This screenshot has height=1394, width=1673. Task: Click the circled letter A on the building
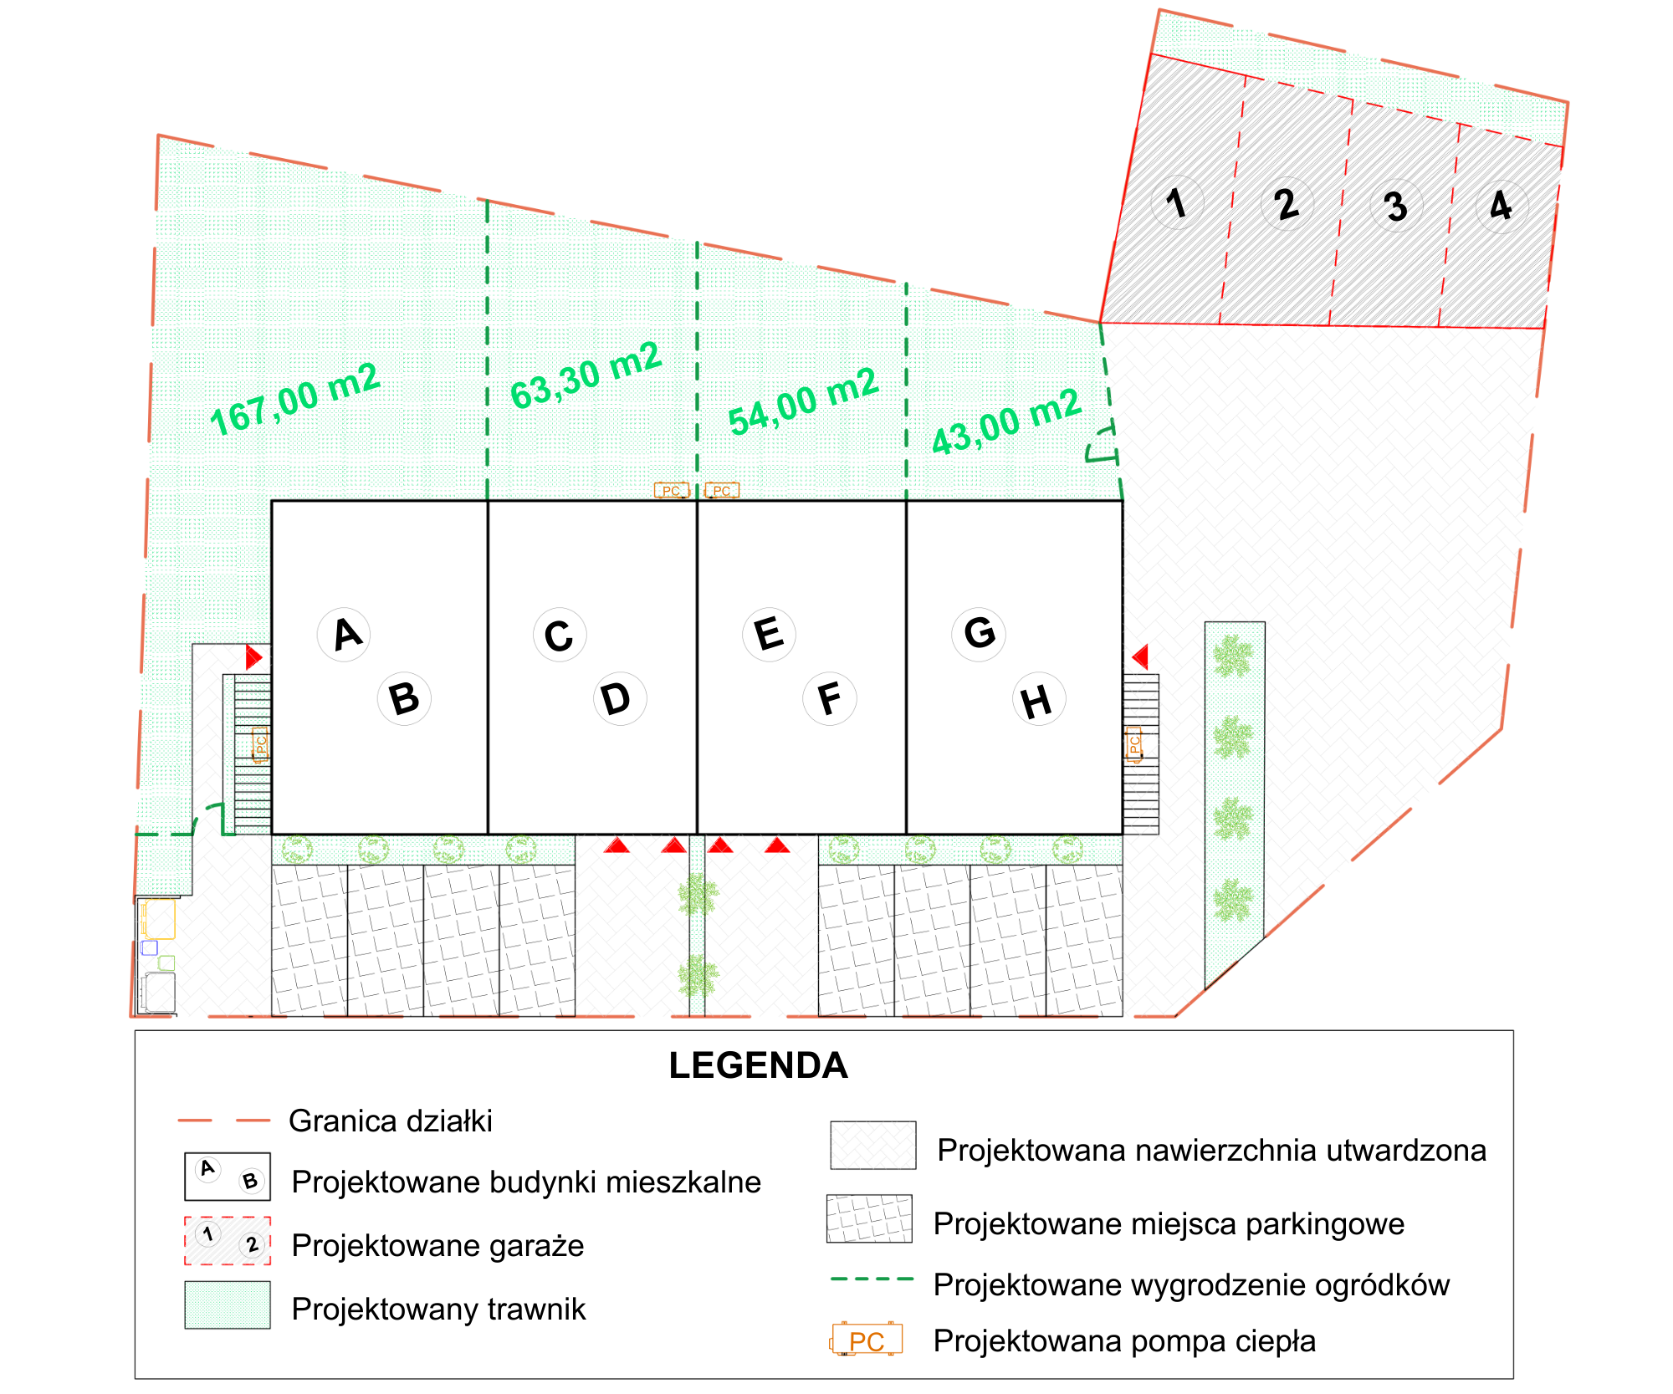(345, 635)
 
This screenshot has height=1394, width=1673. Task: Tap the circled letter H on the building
(1039, 700)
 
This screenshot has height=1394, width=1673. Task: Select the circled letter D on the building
(620, 698)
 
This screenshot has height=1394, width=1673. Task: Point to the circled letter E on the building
(769, 635)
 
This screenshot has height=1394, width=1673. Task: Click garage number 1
(1177, 202)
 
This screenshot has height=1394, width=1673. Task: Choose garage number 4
(1502, 206)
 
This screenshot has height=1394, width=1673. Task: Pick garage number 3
(1395, 206)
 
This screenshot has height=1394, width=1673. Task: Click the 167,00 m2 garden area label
(295, 400)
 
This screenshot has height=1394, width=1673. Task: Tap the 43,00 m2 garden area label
(1007, 421)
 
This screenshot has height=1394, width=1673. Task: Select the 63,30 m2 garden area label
(586, 375)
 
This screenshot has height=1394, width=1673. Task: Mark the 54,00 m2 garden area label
(803, 401)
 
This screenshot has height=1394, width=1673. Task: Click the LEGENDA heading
(758, 1065)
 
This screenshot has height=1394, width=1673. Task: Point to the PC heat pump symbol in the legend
(867, 1340)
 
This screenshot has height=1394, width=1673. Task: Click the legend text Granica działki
(391, 1121)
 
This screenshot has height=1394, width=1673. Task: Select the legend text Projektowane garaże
(437, 1245)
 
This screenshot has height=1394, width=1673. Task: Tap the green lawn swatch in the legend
(228, 1305)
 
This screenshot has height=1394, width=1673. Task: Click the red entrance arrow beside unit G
(1139, 656)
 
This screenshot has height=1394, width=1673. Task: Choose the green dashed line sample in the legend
(872, 1279)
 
